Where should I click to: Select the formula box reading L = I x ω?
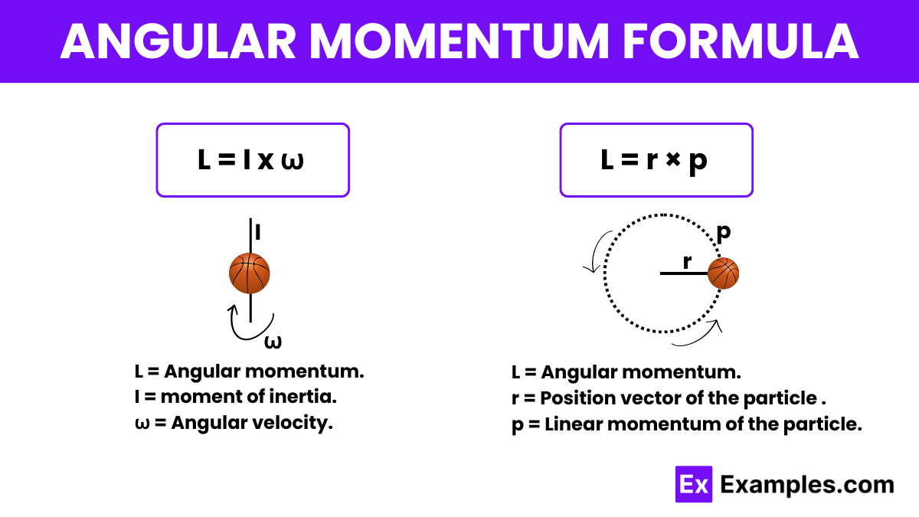[253, 161]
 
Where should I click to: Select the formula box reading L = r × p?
[656, 161]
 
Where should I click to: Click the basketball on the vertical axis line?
[250, 273]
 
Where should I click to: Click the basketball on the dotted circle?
[723, 273]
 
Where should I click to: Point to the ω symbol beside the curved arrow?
[273, 342]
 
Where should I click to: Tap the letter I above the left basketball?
[258, 232]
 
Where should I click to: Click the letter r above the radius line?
[687, 261]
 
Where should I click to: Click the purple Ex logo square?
[694, 484]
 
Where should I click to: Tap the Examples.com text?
[807, 485]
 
